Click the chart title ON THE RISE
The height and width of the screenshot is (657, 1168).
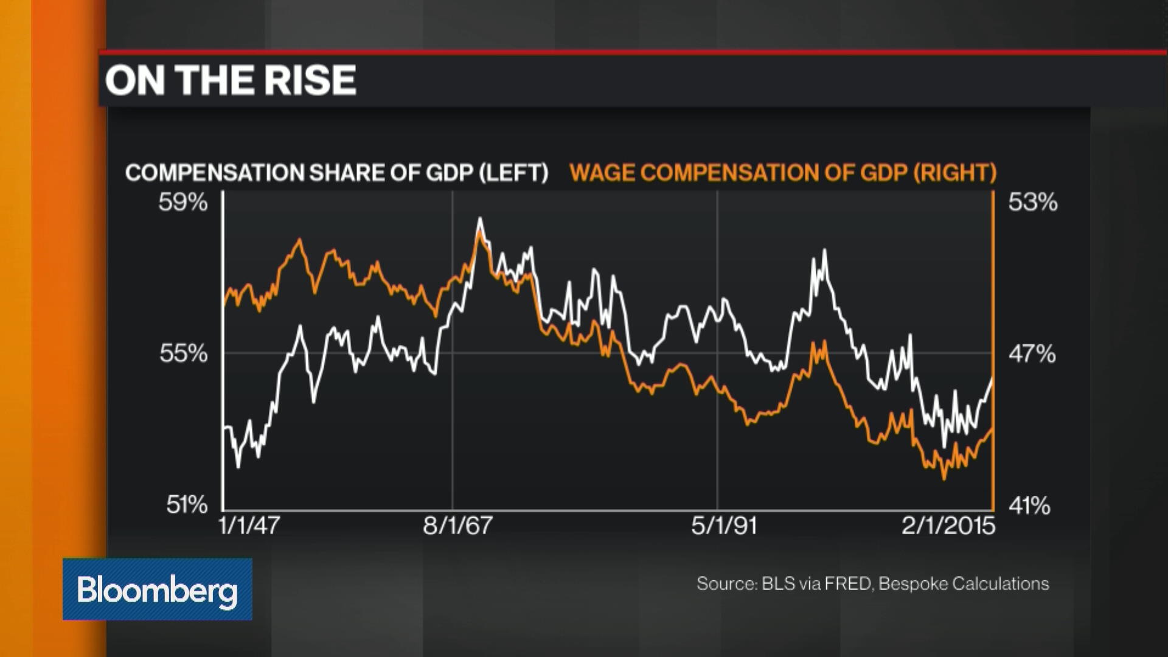(x=231, y=80)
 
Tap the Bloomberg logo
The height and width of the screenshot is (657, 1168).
(x=157, y=589)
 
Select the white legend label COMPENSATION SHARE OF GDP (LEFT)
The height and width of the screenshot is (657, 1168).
(x=336, y=173)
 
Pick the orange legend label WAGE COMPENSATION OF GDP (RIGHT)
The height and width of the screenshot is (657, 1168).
(x=783, y=173)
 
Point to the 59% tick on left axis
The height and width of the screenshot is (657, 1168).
(x=183, y=202)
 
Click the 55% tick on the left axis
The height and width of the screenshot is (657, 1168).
(x=183, y=353)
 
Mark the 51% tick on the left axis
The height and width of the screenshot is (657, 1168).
(x=187, y=505)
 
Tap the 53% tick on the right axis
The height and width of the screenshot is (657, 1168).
(x=1032, y=202)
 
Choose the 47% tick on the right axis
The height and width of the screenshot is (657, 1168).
(x=1032, y=353)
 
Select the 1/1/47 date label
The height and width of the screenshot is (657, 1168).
(x=249, y=526)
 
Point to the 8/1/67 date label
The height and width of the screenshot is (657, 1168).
(x=457, y=526)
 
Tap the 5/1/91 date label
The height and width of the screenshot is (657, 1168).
(x=724, y=526)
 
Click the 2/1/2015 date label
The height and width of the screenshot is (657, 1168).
(x=948, y=526)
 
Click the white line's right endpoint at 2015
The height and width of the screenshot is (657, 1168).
(x=992, y=379)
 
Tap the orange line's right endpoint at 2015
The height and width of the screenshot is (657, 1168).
(x=992, y=429)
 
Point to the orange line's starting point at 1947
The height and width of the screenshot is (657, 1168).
(x=224, y=304)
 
